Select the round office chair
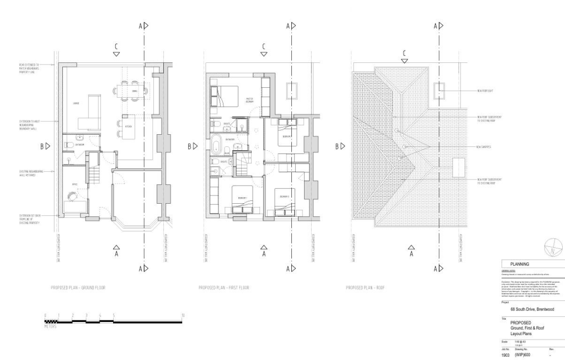(72, 196)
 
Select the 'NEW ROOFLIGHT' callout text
(488, 90)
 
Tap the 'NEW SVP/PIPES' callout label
(484, 147)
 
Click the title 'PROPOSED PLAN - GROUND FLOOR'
(77, 288)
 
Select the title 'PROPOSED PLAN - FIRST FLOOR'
(224, 288)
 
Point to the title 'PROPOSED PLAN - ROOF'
(365, 288)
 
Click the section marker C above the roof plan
(404, 54)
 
